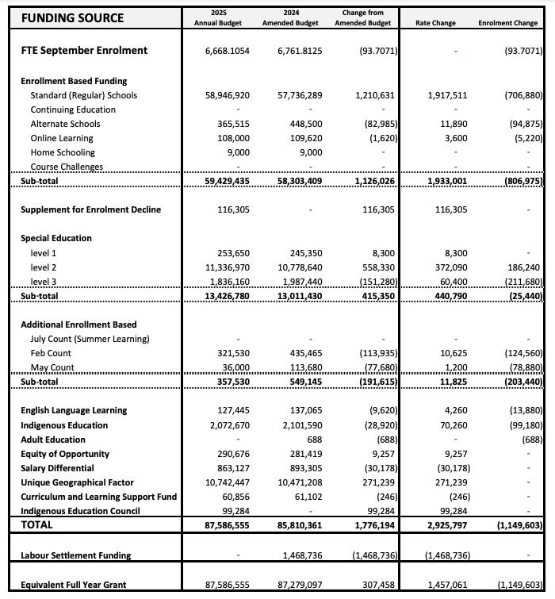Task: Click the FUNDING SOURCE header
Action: coord(73,17)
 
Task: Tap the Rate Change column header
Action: coord(435,23)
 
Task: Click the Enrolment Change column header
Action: coord(507,23)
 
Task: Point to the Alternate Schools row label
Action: coord(66,124)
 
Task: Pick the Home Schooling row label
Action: coord(63,152)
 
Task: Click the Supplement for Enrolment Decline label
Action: coord(90,209)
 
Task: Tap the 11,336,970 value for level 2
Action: coord(228,267)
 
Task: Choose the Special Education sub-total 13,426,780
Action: coord(227,296)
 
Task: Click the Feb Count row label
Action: coord(51,353)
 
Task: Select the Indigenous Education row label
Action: coord(64,425)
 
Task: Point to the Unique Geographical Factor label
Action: coord(78,482)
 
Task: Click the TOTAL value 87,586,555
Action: coord(227,525)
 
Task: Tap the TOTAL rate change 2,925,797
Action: coord(434,525)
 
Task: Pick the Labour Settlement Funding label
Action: coord(76,555)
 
